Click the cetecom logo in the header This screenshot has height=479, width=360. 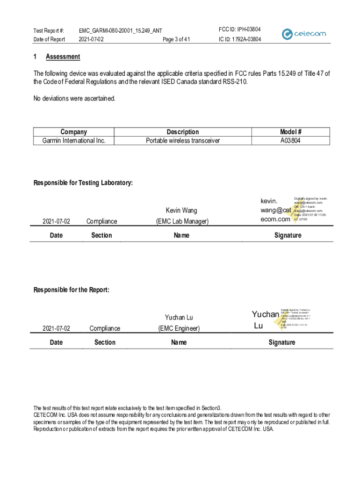(304, 34)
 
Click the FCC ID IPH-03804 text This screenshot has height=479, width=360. (240, 29)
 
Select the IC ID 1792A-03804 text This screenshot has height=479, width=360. (240, 39)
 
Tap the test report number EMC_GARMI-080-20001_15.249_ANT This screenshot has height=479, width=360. (120, 30)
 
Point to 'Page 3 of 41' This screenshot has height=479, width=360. (176, 39)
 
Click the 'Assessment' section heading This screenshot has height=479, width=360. (63, 57)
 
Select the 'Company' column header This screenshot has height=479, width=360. (73, 132)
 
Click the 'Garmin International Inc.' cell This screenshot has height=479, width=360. (74, 140)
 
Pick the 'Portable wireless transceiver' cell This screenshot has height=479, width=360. (183, 140)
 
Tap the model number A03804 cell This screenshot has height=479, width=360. (290, 140)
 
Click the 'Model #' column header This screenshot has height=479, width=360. (290, 132)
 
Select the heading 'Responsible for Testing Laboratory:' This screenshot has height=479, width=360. (83, 183)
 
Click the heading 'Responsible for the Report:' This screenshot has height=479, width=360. (71, 290)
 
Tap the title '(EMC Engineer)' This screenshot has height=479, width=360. (179, 328)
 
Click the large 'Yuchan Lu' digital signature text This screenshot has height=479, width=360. (265, 319)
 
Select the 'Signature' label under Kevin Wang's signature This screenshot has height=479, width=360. (288, 235)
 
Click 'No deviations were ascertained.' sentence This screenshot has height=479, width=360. (74, 99)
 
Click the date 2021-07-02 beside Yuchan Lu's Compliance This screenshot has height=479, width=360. (56, 328)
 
